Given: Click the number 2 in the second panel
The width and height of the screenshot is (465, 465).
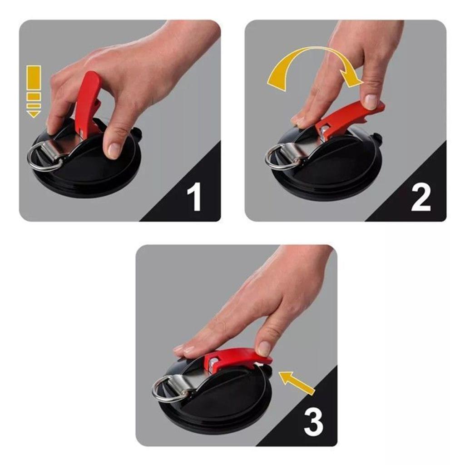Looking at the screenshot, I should coord(420,198).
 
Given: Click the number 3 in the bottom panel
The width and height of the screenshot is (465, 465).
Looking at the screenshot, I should coord(313,423).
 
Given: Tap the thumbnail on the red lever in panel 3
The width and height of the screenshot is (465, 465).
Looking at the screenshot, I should coord(264,348).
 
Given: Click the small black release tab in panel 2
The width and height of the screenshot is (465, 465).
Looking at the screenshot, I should coord(376,136).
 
